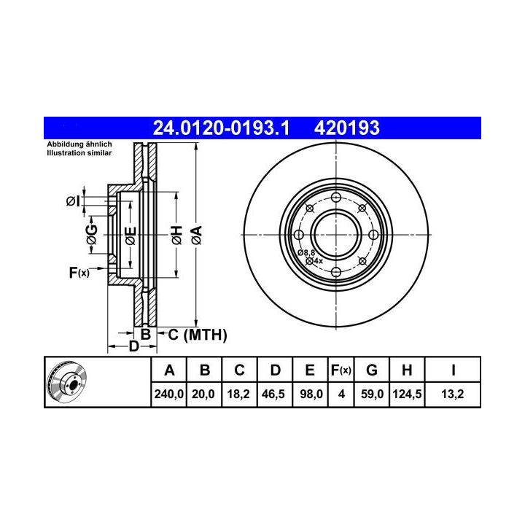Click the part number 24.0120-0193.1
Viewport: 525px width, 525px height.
click(221, 128)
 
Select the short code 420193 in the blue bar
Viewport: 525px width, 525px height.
click(346, 128)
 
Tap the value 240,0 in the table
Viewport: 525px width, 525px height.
click(168, 394)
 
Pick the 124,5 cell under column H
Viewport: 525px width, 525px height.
click(407, 394)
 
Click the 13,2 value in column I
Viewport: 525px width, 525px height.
click(452, 394)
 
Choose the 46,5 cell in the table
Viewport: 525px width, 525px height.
click(273, 394)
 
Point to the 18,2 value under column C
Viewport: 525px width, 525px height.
click(238, 394)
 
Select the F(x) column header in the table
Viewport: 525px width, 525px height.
click(341, 370)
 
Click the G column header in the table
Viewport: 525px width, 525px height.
click(372, 370)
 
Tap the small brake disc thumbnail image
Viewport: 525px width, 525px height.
click(66, 382)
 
